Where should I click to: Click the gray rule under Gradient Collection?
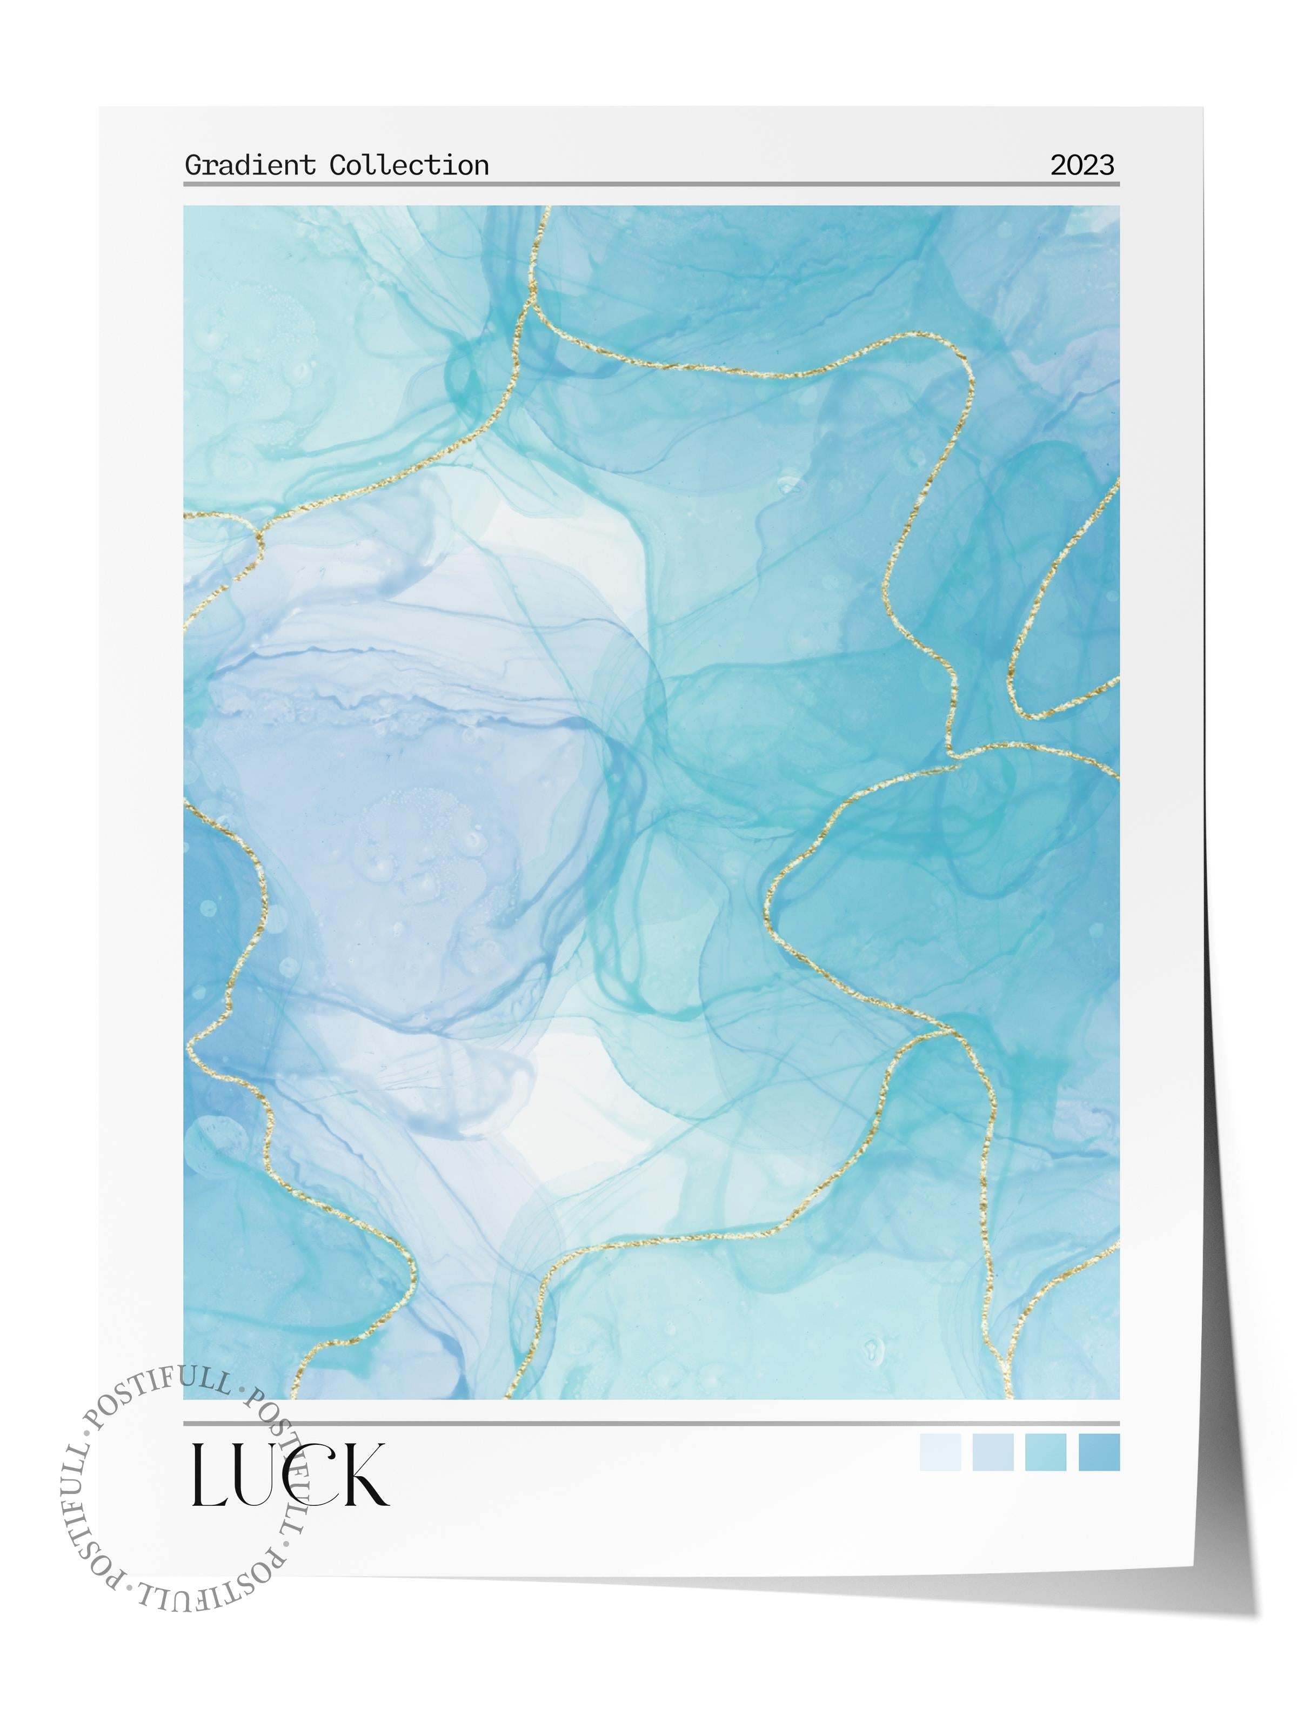[651, 184]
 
